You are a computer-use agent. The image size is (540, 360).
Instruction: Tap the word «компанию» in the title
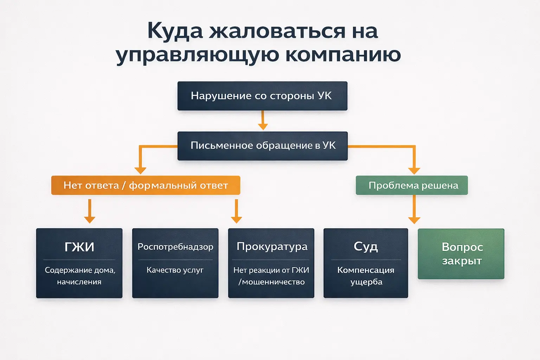[x=343, y=55]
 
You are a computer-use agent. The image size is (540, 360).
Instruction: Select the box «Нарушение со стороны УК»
[x=262, y=96]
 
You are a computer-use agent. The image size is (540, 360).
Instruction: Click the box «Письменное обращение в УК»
[x=262, y=146]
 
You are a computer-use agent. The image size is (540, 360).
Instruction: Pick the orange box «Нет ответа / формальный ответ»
[x=146, y=185]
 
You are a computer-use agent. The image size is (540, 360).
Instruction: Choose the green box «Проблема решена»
[x=412, y=185]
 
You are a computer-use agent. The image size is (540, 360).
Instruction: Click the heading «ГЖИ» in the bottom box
[x=79, y=247]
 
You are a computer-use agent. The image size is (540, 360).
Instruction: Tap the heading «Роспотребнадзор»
[x=175, y=247]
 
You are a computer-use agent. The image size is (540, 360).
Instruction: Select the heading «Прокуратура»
[x=272, y=246]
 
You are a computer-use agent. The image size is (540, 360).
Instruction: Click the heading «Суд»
[x=366, y=246]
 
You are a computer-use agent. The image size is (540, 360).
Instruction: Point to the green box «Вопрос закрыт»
[x=461, y=254]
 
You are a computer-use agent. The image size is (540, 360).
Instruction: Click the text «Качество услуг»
[x=175, y=270]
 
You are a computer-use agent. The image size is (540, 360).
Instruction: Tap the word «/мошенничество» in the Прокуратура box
[x=271, y=282]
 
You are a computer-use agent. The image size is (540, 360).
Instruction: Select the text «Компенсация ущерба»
[x=366, y=276]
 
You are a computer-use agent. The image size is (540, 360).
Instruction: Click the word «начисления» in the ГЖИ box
[x=79, y=282]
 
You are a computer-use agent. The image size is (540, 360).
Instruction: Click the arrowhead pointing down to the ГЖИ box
[x=90, y=219]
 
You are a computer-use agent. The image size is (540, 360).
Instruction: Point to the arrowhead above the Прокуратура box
[x=236, y=219]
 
